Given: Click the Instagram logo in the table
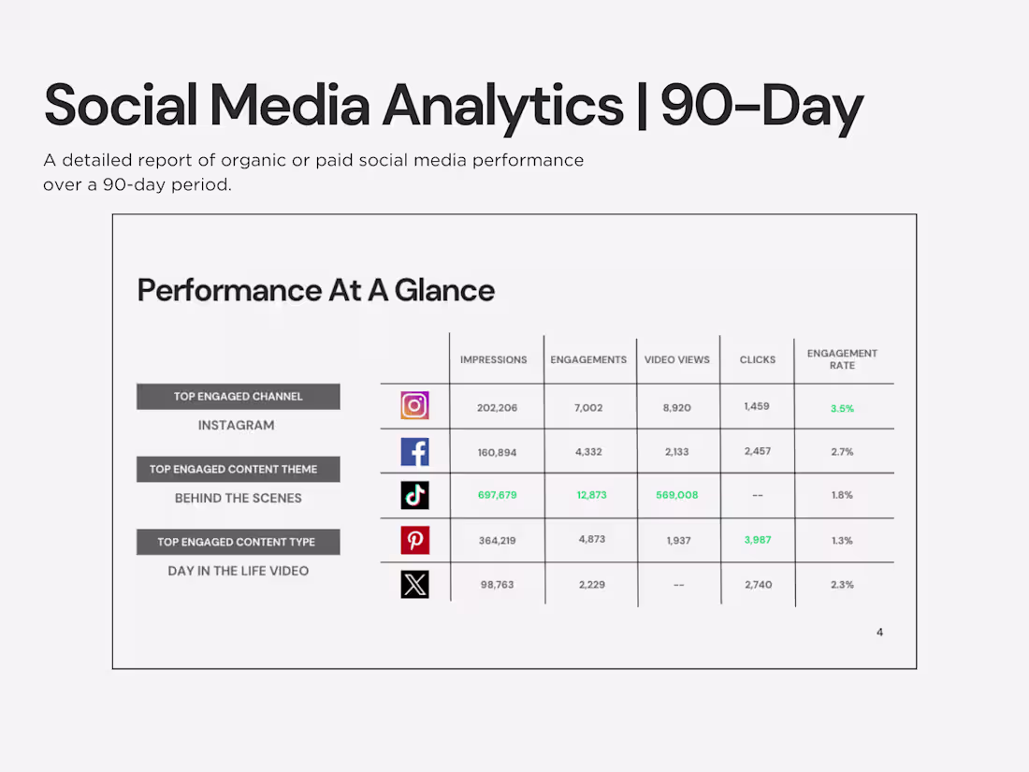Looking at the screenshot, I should [414, 405].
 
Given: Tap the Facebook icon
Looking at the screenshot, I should [414, 451].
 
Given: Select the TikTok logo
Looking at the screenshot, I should [414, 495].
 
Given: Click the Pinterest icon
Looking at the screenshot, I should [414, 540].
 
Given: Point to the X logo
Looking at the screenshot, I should [414, 584].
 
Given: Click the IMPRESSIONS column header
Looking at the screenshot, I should [493, 359].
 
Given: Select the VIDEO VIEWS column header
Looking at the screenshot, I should [677, 359].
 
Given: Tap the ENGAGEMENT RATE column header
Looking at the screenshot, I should [842, 359].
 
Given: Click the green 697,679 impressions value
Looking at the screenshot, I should [497, 495].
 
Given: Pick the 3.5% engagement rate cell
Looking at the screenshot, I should [842, 408].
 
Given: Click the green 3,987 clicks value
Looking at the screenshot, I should [758, 540].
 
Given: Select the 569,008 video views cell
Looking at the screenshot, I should [676, 495].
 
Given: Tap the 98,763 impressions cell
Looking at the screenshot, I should [497, 585].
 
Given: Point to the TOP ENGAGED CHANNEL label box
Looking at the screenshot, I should [238, 397].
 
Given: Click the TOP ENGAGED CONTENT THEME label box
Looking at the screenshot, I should [238, 469].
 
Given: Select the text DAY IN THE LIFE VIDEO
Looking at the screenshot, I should [238, 571].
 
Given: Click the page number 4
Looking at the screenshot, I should [879, 633].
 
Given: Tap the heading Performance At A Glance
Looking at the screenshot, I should [315, 290].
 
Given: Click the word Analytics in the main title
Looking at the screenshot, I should [502, 106].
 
